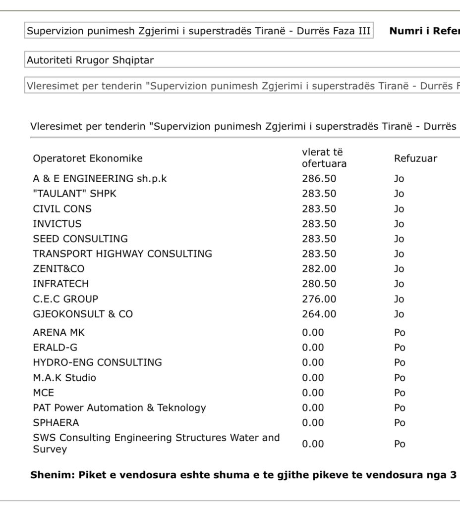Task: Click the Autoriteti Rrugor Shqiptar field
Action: tap(198, 60)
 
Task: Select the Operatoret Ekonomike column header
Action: tap(88, 158)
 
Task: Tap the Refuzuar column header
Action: tap(415, 158)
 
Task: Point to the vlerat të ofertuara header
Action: tap(324, 158)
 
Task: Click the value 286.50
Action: tap(319, 179)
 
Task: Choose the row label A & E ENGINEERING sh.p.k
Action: tap(100, 179)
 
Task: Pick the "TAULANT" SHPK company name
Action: tap(74, 194)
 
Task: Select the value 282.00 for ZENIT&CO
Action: tap(319, 269)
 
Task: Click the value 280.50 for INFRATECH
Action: tap(319, 284)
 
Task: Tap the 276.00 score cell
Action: tap(319, 299)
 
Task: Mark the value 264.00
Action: tap(319, 314)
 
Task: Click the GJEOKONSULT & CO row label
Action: tap(83, 314)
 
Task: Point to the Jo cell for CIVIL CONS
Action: tap(399, 209)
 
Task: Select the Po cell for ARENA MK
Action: tap(400, 333)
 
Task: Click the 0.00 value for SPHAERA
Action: tap(313, 423)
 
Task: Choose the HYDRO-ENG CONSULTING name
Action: tap(97, 362)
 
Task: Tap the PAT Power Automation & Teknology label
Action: tap(119, 408)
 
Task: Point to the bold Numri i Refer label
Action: tap(424, 31)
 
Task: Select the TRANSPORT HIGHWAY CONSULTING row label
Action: tap(122, 254)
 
